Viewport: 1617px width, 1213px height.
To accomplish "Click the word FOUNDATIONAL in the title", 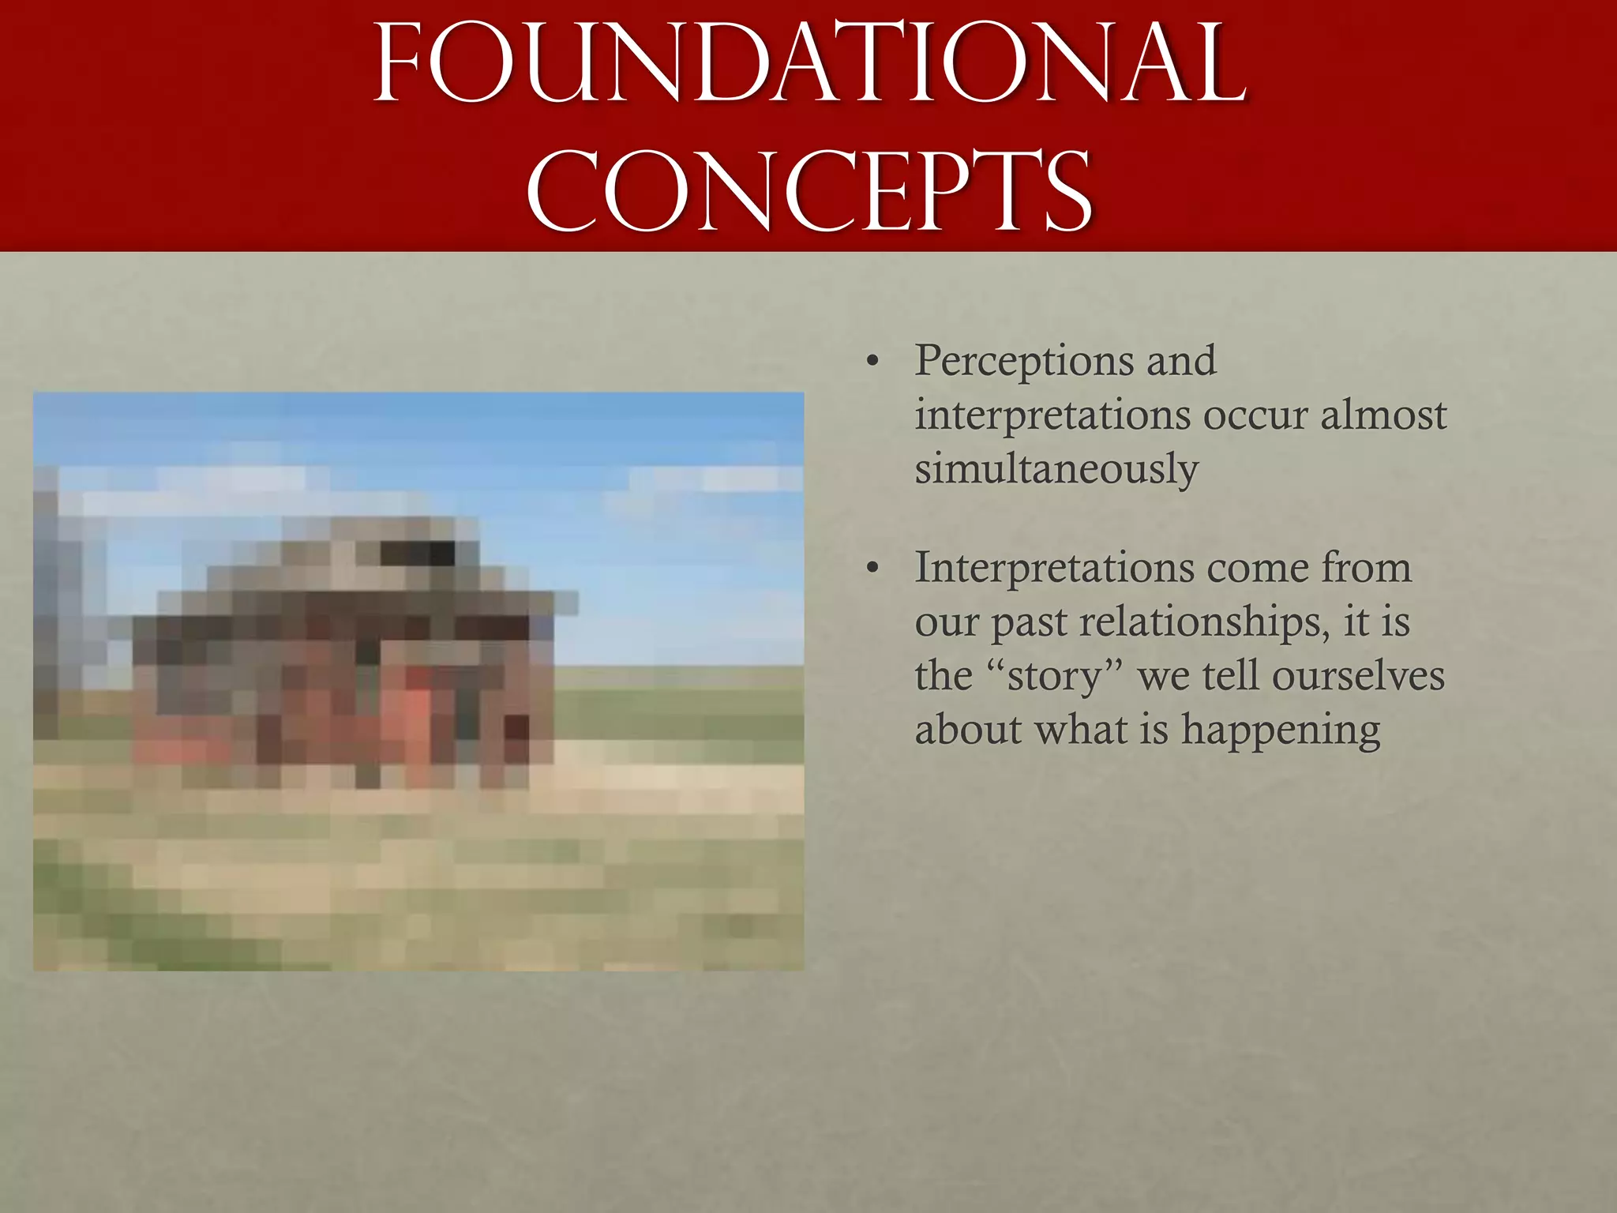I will click(808, 65).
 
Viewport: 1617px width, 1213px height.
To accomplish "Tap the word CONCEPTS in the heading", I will click(808, 193).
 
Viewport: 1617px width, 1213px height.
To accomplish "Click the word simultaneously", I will click(1056, 469).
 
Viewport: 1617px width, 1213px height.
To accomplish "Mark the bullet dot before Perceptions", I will click(872, 362).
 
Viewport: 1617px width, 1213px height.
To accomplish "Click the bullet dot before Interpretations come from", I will click(872, 569).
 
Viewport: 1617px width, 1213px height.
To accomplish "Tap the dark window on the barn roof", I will click(418, 553).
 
